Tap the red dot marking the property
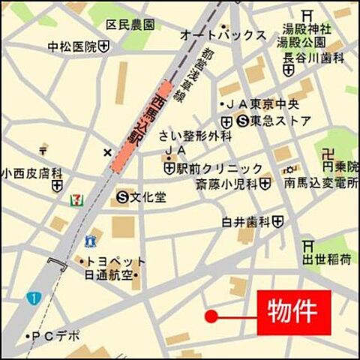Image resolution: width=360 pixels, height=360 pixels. [x=211, y=317]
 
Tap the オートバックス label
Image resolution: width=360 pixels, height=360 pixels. [x=223, y=35]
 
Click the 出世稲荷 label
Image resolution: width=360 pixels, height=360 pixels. [x=327, y=259]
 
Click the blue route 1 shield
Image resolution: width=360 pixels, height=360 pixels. [x=32, y=298]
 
